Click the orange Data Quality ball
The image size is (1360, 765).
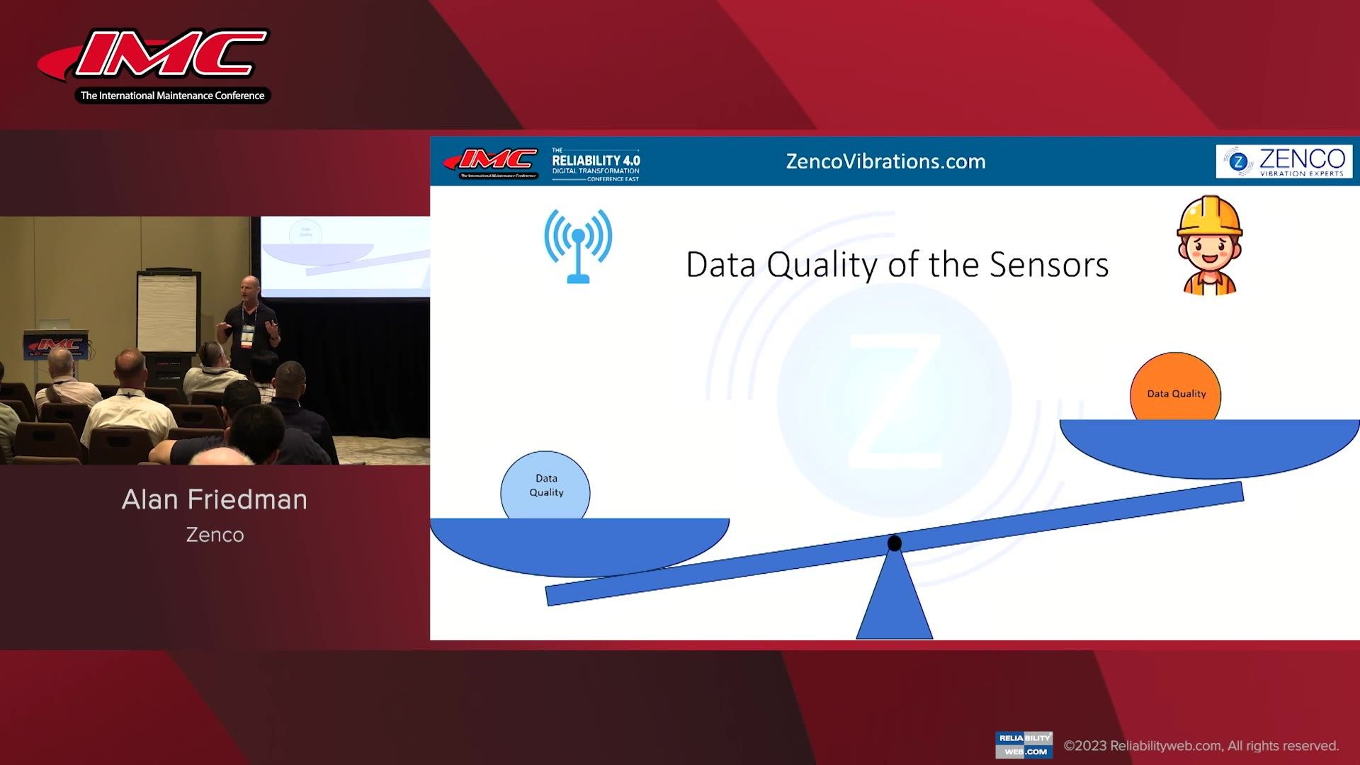1175,387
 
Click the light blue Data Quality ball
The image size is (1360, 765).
545,487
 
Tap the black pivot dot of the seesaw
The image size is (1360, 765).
895,543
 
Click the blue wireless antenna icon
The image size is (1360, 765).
578,245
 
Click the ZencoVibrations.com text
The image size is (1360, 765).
885,161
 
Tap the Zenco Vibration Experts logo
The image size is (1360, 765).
1283,161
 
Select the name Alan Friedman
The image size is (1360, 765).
215,500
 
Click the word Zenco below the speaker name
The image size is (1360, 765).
215,535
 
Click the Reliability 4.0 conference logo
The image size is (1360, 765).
595,164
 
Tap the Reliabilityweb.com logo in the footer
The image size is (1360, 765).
1024,744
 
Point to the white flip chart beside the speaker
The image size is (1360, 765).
166,312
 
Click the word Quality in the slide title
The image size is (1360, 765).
822,265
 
